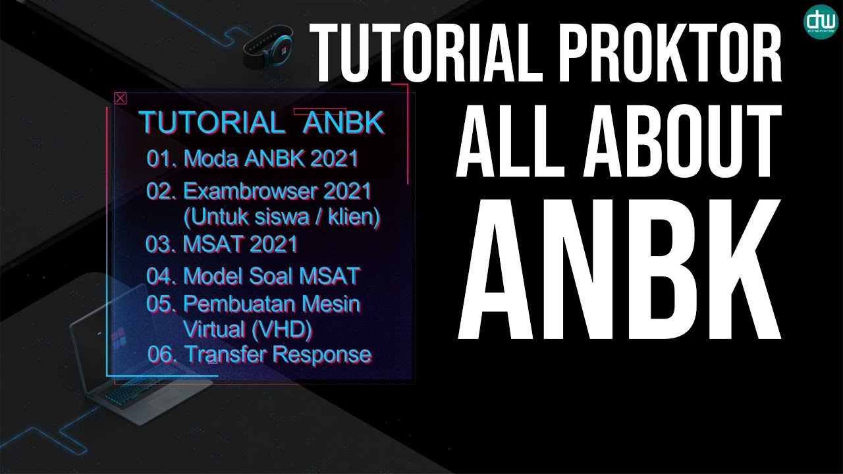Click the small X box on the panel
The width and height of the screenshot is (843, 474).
120,99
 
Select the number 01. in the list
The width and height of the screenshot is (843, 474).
161,159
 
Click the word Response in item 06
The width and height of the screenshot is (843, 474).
322,354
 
